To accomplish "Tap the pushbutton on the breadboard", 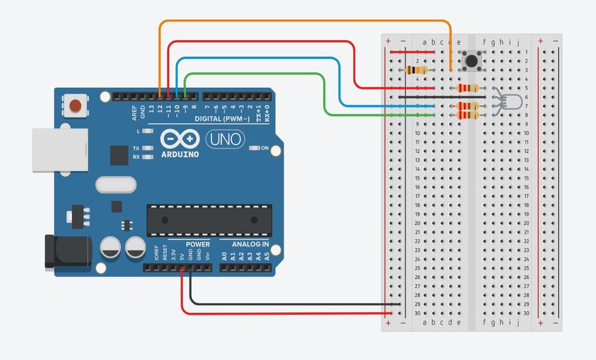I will (x=472, y=61).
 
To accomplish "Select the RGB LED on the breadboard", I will (x=511, y=102).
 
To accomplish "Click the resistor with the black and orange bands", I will (x=417, y=70).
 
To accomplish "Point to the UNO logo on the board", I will (x=226, y=138).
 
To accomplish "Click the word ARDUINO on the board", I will (x=180, y=154).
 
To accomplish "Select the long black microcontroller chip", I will (x=210, y=220).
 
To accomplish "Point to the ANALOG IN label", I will (x=250, y=245).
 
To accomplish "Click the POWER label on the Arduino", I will (x=198, y=245).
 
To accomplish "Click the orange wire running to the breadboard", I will (x=306, y=21).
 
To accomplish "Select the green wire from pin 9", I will (x=255, y=74).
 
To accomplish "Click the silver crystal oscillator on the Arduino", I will (x=116, y=185).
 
